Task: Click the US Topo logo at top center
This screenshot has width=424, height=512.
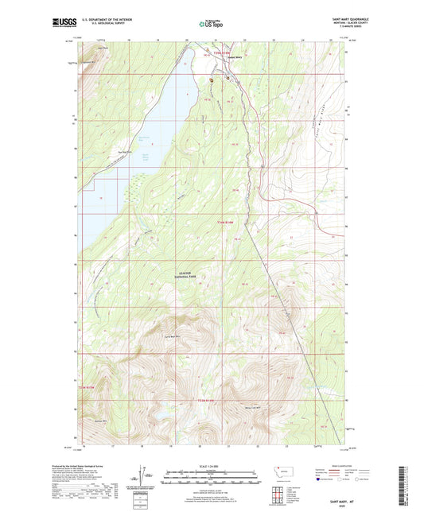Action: pos(211,24)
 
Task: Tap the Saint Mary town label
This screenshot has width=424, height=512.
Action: pos(233,56)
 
